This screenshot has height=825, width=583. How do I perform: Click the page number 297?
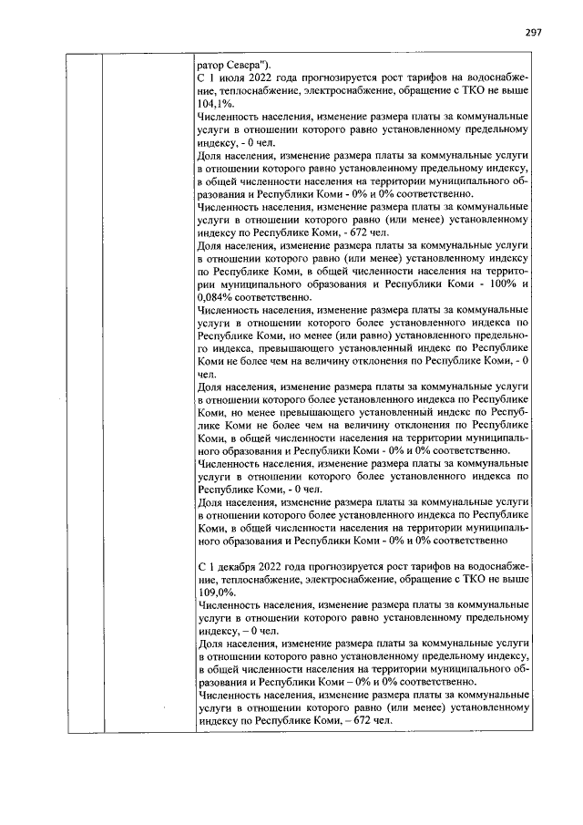tap(534, 33)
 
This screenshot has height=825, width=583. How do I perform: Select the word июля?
tap(234, 81)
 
